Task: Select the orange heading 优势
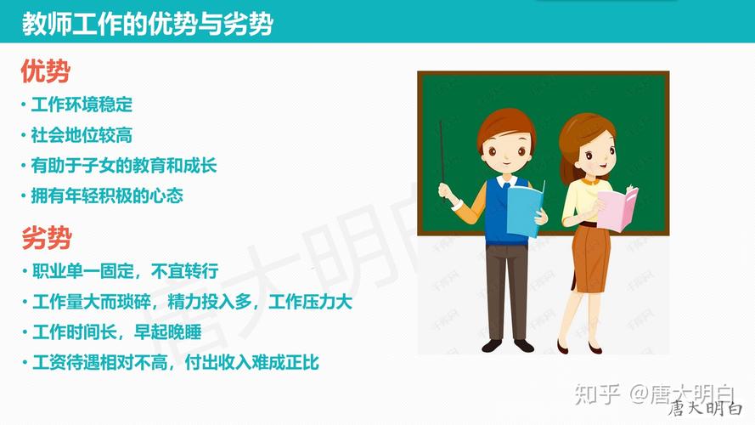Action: tap(45, 72)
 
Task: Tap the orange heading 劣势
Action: tap(45, 239)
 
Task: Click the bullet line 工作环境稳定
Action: tap(82, 105)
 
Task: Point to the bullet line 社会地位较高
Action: tap(82, 135)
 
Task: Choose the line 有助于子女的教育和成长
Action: tap(124, 165)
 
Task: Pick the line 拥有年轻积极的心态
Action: tap(107, 195)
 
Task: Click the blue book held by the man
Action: tap(525, 210)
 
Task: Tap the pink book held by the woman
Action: tap(617, 208)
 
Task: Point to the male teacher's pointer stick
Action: tap(442, 152)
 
